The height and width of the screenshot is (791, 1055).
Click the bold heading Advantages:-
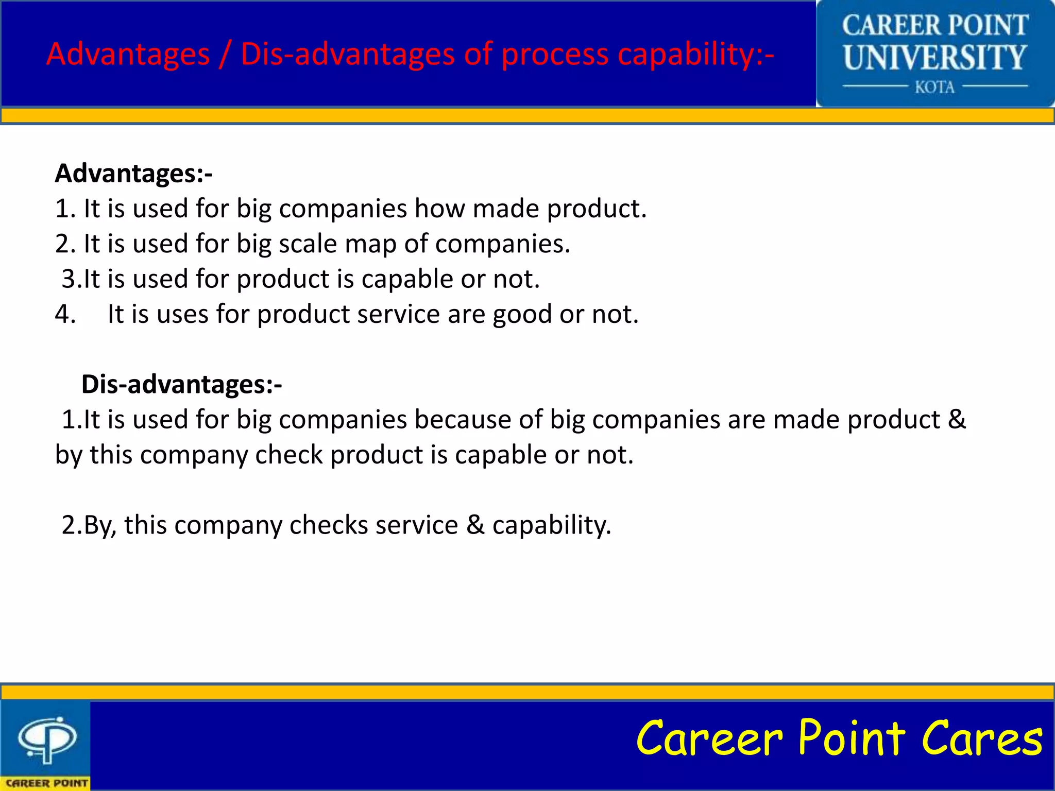click(133, 174)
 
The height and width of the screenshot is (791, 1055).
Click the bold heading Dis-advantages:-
click(181, 384)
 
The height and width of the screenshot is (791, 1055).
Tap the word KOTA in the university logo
click(934, 87)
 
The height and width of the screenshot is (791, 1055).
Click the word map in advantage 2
click(370, 244)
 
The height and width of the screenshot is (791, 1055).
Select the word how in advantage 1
click(439, 209)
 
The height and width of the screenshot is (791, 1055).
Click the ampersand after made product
click(957, 419)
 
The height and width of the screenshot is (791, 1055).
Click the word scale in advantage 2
click(308, 244)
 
